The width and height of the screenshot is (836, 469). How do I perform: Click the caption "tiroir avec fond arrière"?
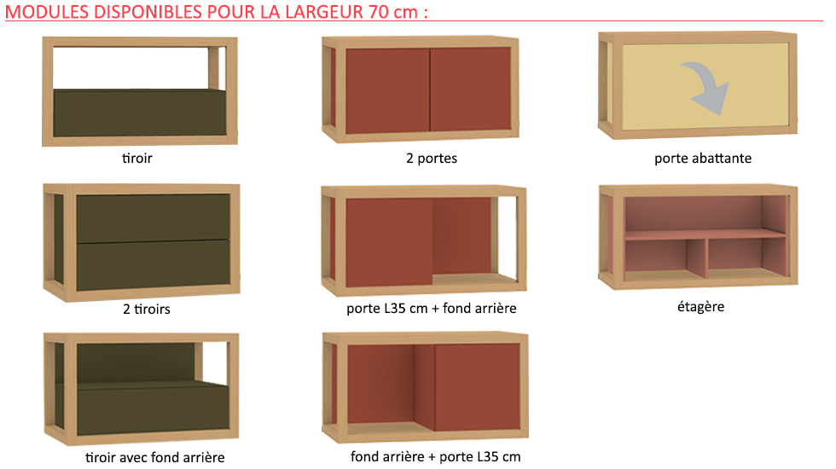click(x=155, y=457)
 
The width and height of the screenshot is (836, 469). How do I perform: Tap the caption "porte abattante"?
click(x=703, y=159)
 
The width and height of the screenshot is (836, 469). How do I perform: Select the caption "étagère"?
click(x=700, y=307)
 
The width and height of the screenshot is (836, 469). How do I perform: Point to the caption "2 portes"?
click(x=432, y=159)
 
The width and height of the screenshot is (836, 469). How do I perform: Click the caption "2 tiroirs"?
click(x=147, y=309)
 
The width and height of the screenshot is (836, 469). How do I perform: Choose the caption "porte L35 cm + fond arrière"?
click(x=432, y=309)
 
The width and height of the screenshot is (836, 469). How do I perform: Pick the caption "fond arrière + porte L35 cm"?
click(x=436, y=457)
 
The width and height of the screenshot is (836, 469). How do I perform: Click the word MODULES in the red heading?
click(x=47, y=12)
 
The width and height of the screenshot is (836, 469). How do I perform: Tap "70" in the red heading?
click(x=379, y=12)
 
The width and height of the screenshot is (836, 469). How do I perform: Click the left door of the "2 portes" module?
click(x=387, y=90)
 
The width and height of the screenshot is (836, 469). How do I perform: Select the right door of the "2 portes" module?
click(x=470, y=89)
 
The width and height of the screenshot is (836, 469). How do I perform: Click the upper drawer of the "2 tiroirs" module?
click(x=153, y=218)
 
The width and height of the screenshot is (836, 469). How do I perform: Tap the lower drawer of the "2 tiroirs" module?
click(x=154, y=265)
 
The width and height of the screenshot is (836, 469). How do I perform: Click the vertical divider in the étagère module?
click(x=697, y=258)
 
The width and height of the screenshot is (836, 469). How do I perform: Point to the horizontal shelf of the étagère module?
click(x=705, y=234)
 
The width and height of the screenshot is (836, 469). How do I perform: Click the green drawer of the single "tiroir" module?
click(x=140, y=113)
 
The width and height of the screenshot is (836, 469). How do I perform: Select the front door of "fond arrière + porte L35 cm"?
click(x=477, y=387)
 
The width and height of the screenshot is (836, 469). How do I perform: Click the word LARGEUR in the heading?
click(x=324, y=12)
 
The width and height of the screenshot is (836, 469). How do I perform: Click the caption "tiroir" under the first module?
click(x=137, y=159)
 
